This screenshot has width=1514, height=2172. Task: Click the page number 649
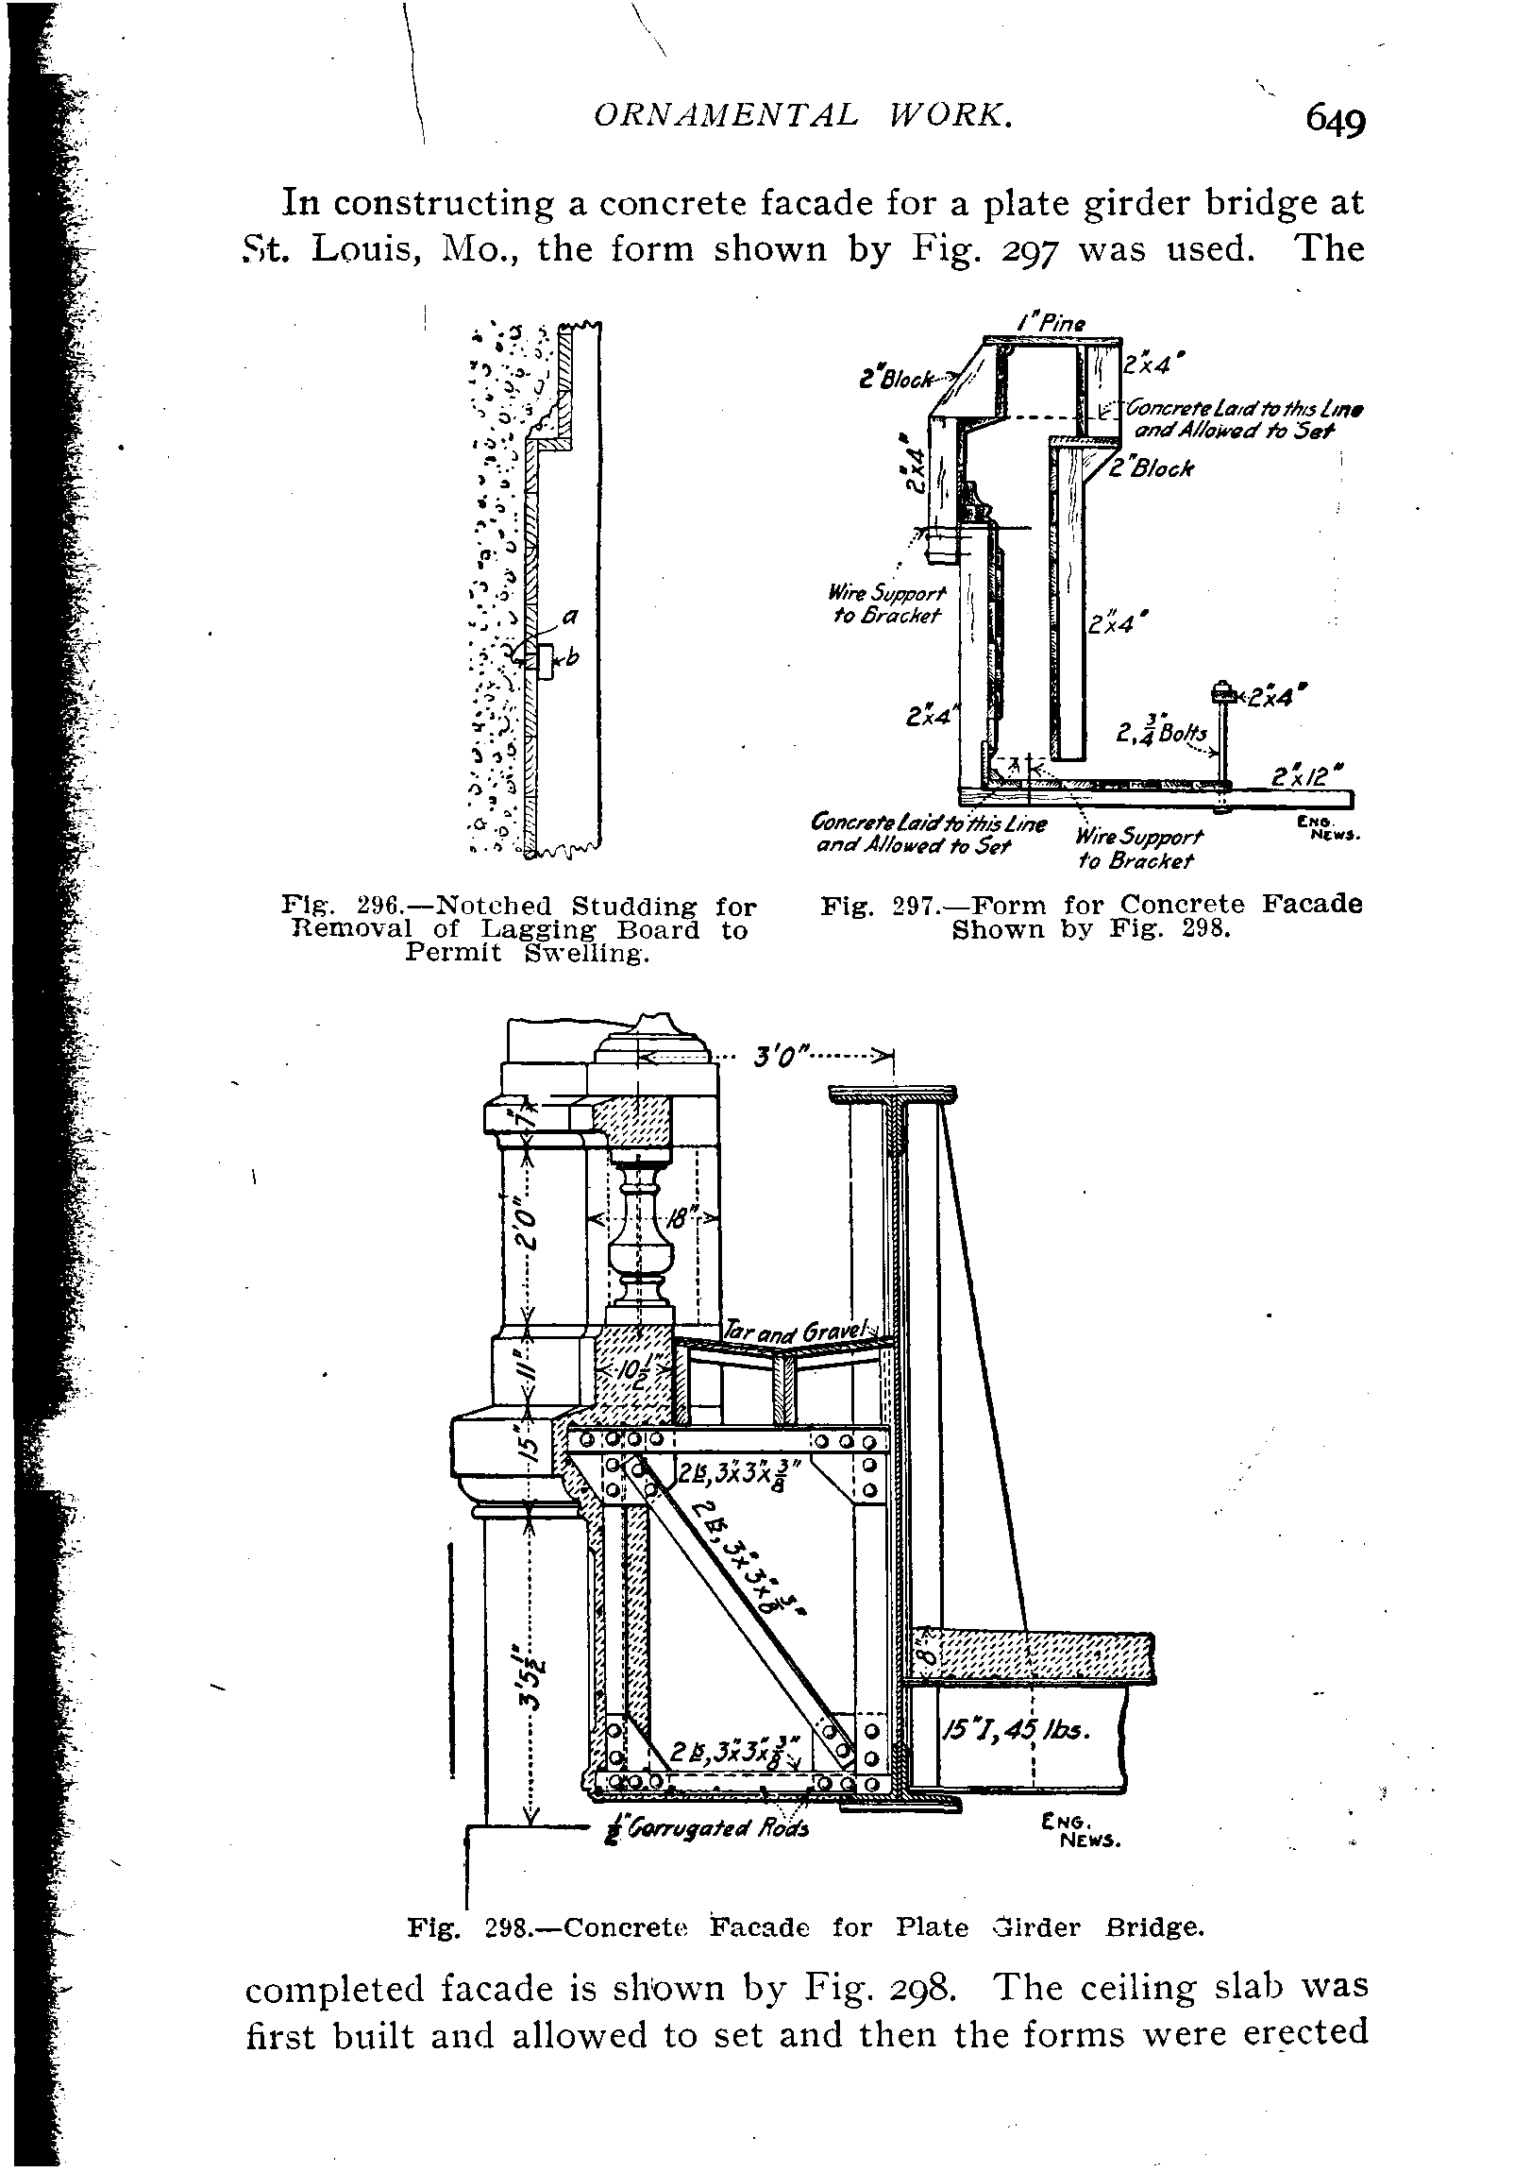pos(1336,121)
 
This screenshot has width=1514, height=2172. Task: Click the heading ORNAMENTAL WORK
pos(803,115)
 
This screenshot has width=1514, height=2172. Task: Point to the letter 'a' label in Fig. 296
pos(569,616)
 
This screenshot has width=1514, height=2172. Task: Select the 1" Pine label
pos(1052,324)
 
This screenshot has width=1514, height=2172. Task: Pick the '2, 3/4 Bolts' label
pos(1160,730)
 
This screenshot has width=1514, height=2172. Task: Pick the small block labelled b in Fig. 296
pos(547,660)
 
